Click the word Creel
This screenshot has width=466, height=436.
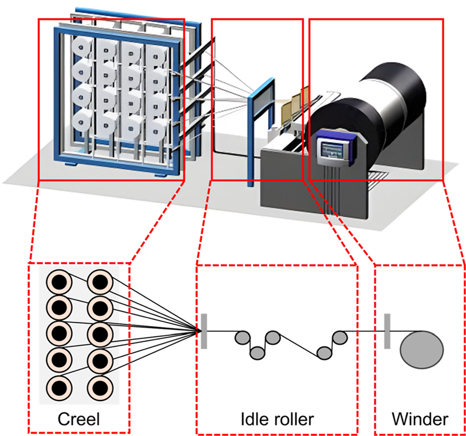(78, 419)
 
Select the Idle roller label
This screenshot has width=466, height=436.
(277, 419)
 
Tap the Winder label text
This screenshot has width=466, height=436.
(419, 419)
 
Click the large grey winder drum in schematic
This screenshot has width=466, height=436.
(422, 346)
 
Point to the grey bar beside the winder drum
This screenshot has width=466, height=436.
(386, 331)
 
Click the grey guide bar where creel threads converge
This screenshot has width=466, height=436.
(203, 331)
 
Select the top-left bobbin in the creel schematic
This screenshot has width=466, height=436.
(59, 282)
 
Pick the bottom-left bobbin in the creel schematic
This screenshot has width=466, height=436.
(59, 387)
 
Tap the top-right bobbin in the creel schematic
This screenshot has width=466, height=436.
(100, 282)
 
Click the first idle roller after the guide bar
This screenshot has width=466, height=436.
(242, 336)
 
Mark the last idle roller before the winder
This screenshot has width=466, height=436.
(340, 336)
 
